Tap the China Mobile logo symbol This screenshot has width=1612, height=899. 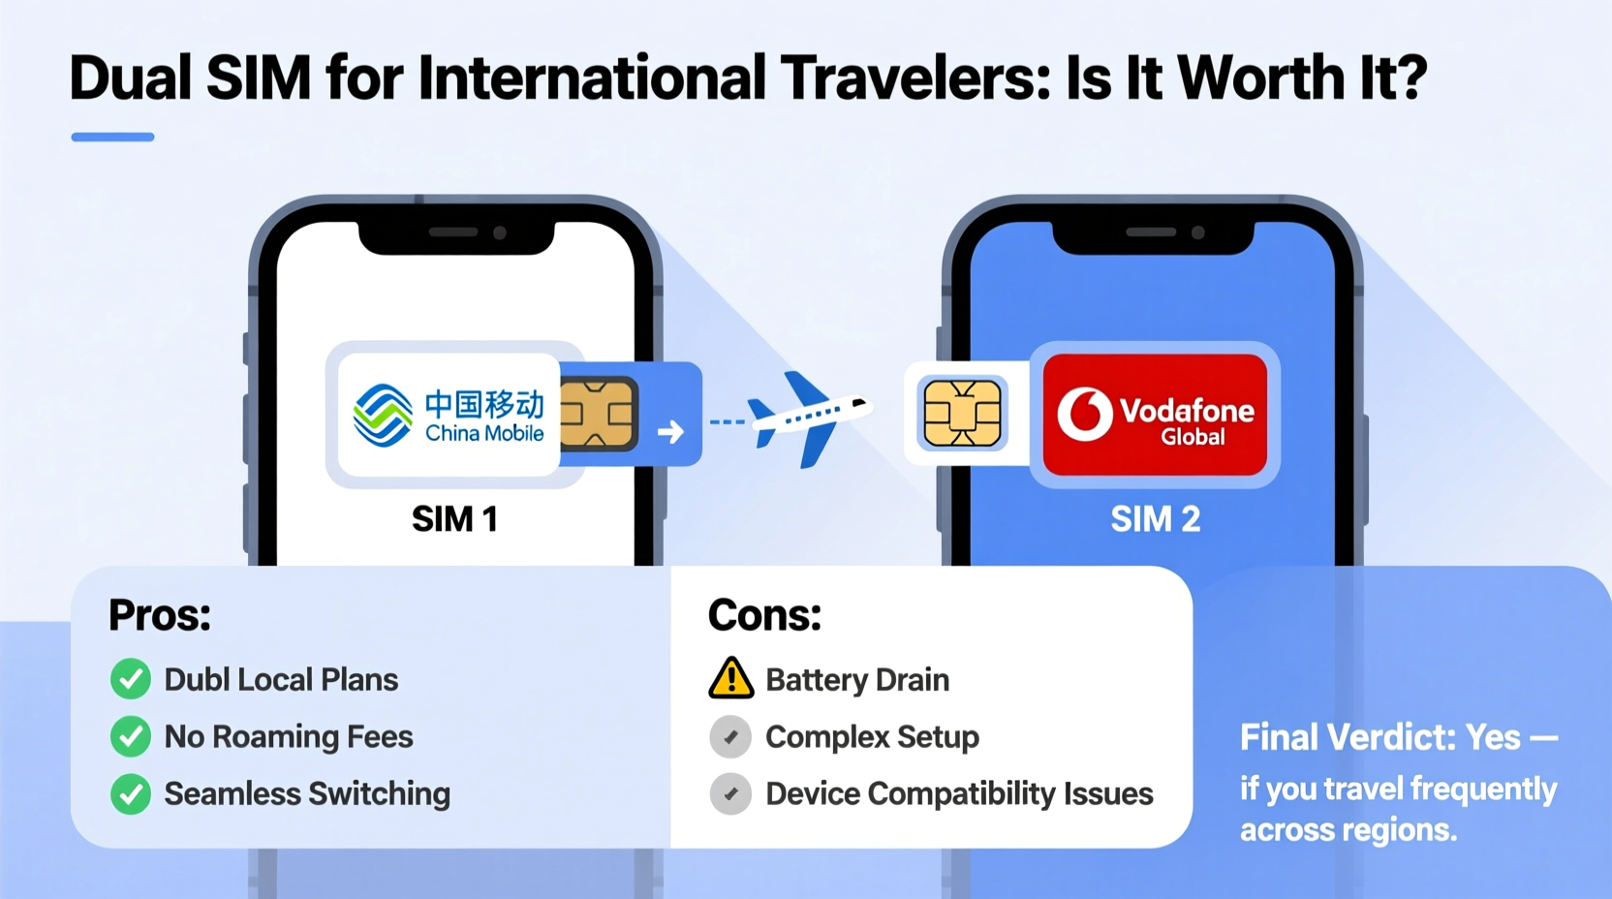pyautogui.click(x=383, y=415)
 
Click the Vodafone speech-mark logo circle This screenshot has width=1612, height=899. pyautogui.click(x=1084, y=414)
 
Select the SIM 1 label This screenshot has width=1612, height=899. pyautogui.click(x=454, y=519)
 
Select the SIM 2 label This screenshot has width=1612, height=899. pyautogui.click(x=1155, y=519)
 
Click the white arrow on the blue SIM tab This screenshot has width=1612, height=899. pyautogui.click(x=670, y=431)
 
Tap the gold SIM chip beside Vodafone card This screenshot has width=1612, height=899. pyautogui.click(x=962, y=414)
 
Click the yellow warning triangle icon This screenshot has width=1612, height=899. pyautogui.click(x=731, y=678)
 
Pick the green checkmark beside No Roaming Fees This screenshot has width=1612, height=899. pyautogui.click(x=131, y=736)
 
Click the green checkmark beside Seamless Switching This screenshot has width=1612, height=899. pyautogui.click(x=131, y=793)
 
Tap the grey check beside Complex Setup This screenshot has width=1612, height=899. pyautogui.click(x=730, y=736)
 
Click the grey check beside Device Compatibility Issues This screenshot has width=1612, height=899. pyautogui.click(x=730, y=793)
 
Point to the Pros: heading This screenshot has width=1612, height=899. pyautogui.click(x=160, y=615)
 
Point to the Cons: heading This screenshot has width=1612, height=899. pyautogui.click(x=764, y=615)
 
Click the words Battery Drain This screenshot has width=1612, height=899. pyautogui.click(x=857, y=680)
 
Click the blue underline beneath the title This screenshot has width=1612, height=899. pyautogui.click(x=112, y=138)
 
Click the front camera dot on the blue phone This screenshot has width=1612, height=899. pyautogui.click(x=1198, y=232)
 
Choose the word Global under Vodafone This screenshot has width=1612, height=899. pyautogui.click(x=1193, y=437)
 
